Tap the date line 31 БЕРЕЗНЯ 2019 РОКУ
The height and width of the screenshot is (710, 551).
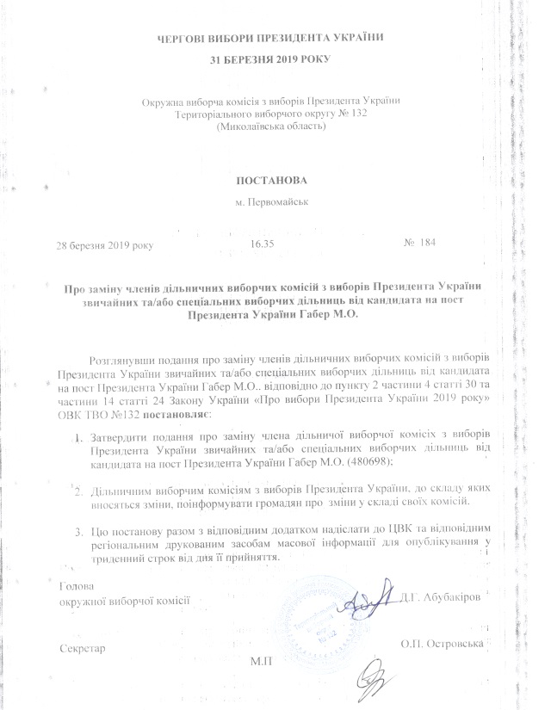click(x=269, y=59)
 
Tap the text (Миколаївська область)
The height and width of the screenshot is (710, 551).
click(x=270, y=127)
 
